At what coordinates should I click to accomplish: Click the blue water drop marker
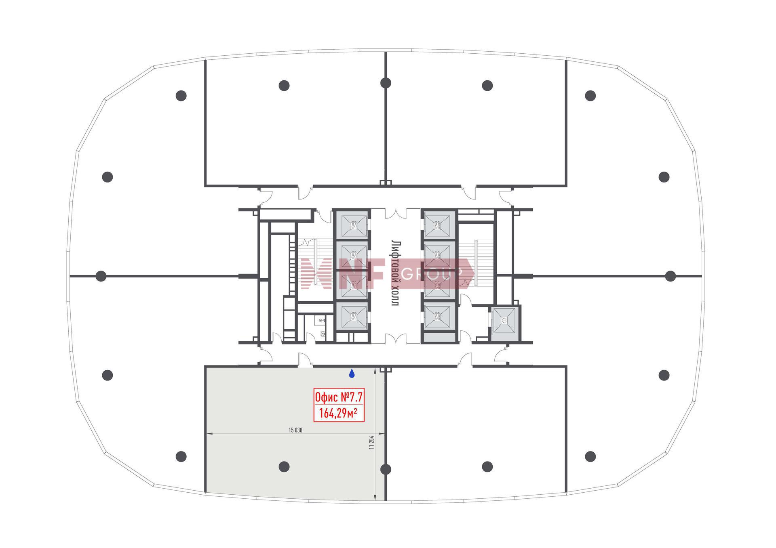[352, 374]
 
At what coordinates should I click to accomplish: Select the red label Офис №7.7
[339, 398]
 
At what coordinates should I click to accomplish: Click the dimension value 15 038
[295, 430]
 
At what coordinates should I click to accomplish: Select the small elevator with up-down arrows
[504, 321]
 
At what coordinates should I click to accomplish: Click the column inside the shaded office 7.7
[284, 467]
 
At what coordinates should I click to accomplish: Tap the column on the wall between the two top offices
[386, 83]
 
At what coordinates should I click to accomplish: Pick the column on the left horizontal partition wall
[101, 276]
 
